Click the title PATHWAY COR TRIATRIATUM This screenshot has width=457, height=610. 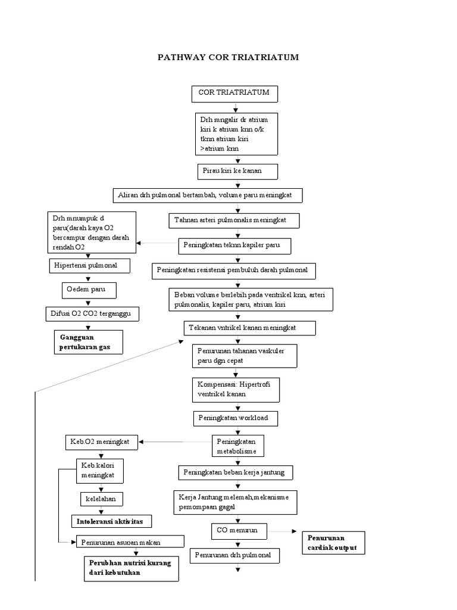click(228, 58)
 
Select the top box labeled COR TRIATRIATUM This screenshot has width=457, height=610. click(234, 94)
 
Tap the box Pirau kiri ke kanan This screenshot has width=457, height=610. click(238, 171)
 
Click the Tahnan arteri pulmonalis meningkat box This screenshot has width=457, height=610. click(234, 220)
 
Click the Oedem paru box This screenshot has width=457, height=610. click(89, 290)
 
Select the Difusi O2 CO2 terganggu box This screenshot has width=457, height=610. click(92, 313)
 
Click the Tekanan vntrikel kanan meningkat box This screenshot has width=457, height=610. click(249, 328)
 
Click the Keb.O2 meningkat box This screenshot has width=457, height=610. click(101, 442)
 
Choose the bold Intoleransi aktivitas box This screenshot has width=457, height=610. click(111, 521)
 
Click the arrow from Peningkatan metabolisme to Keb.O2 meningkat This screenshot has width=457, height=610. click(175, 442)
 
